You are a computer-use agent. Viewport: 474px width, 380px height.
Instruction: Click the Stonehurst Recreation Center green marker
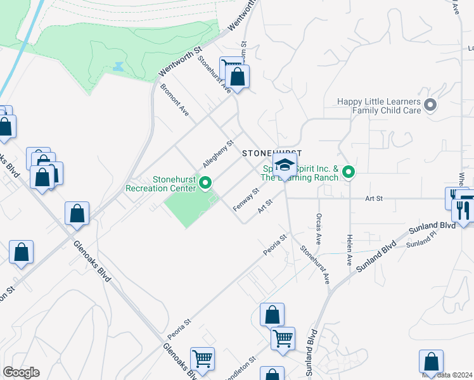pos(205,184)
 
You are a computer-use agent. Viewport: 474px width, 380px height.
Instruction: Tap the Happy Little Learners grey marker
pos(432,105)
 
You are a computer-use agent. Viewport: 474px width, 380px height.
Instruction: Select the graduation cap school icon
pos(285,166)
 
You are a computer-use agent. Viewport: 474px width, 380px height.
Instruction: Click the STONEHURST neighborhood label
pos(272,153)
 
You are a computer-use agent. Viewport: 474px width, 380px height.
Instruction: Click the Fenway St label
pos(247,199)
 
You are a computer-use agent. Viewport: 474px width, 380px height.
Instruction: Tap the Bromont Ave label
pos(174,99)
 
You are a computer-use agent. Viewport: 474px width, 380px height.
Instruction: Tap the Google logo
pos(22,372)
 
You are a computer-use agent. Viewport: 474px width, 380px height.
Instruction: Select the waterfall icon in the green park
pos(118,66)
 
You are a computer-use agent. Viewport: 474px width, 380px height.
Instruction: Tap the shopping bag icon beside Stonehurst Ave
pos(238,78)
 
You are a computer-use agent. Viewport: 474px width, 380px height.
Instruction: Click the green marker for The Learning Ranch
pos(348,172)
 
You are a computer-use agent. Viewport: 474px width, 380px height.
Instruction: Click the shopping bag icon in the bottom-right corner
pos(431,362)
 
